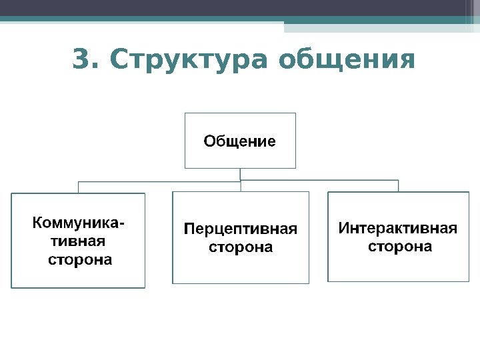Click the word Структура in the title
click(x=190, y=60)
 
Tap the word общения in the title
click(x=347, y=60)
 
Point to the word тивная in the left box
click(x=69, y=240)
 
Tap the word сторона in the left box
click(x=80, y=259)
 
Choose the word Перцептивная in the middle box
click(x=240, y=229)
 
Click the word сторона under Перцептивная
click(x=241, y=247)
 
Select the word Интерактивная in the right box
click(x=399, y=229)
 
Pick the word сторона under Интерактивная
click(x=400, y=247)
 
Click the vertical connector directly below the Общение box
click(x=240, y=174)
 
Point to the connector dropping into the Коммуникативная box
click(x=79, y=187)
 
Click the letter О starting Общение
click(x=209, y=141)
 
